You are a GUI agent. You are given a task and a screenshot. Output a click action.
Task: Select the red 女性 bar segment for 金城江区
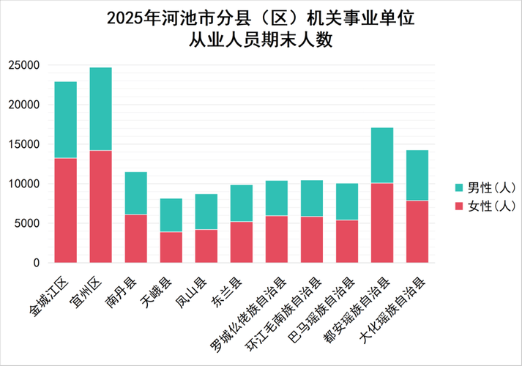[66, 210]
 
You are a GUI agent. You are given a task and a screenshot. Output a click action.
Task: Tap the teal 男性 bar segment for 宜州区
[101, 109]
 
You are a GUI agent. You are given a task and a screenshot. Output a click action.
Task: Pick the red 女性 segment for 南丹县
[136, 239]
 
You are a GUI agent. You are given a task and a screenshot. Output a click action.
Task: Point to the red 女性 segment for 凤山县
[206, 246]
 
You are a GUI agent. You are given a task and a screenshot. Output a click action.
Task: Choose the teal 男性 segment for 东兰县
[242, 203]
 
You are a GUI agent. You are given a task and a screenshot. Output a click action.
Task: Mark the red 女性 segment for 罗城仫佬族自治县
[277, 239]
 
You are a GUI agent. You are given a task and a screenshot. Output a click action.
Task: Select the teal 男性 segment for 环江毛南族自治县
[312, 198]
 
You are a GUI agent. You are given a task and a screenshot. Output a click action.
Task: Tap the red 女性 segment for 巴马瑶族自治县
[347, 242]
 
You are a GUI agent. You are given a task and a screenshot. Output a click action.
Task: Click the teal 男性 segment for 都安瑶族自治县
[382, 155]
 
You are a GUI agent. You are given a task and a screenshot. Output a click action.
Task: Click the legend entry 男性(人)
[486, 188]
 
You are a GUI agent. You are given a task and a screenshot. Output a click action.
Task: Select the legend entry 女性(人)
[486, 206]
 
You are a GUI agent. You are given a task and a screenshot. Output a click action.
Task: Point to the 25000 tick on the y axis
[23, 65]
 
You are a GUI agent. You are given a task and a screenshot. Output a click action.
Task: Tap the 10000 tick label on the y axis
[23, 184]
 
